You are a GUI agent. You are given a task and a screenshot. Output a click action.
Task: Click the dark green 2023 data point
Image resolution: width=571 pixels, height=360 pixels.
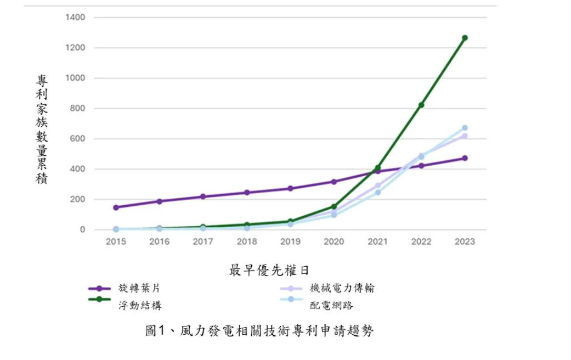(x=465, y=38)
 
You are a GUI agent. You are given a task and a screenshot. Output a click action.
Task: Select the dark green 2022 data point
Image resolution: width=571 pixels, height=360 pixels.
(x=421, y=105)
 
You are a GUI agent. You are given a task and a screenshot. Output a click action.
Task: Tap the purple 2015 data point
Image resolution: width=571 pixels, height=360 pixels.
(x=116, y=207)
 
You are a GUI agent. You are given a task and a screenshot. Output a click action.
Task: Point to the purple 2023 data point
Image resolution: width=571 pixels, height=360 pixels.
(x=465, y=158)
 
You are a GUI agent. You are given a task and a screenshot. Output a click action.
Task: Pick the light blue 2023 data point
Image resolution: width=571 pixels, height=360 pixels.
(x=465, y=128)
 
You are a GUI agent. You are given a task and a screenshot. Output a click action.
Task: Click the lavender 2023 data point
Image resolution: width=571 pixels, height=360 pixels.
(x=465, y=136)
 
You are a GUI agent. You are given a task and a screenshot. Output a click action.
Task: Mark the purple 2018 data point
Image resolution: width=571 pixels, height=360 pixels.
(x=247, y=193)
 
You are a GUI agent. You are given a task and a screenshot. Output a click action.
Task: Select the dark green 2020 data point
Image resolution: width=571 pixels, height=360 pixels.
(x=334, y=207)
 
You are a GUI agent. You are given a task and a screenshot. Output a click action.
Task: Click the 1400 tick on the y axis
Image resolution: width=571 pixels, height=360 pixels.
(x=76, y=18)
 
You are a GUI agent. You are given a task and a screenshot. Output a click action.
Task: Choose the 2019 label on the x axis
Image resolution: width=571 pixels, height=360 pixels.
(x=290, y=242)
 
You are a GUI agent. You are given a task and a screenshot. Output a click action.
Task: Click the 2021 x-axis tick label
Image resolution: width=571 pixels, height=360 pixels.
(x=377, y=242)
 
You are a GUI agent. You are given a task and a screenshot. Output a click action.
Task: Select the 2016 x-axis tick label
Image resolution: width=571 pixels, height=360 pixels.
(x=159, y=242)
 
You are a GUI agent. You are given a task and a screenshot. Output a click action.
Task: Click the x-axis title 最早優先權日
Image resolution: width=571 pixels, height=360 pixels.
(x=269, y=270)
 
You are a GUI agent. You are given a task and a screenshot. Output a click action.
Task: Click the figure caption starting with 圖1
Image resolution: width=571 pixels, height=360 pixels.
(x=259, y=330)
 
